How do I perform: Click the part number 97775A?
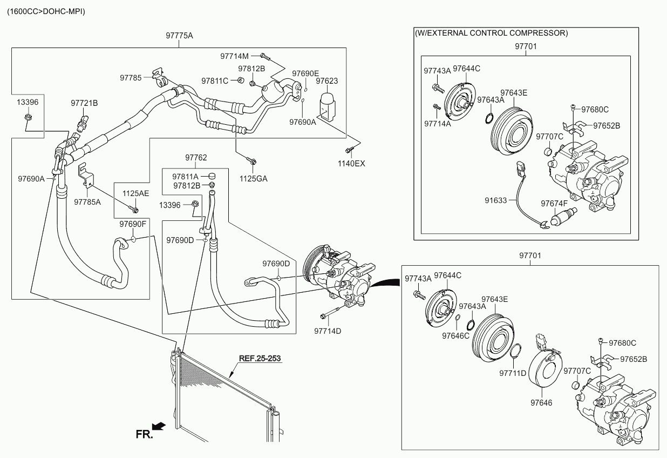179,36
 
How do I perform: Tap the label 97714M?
234,56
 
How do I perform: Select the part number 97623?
326,81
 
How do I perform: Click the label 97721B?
84,102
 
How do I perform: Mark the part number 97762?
196,158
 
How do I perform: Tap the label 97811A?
186,176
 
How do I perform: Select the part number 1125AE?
135,193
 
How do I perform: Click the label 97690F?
133,224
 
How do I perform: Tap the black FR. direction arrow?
159,427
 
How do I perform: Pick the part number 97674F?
554,204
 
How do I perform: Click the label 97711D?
512,373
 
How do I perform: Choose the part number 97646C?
455,335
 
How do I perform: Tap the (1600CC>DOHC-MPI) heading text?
45,11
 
